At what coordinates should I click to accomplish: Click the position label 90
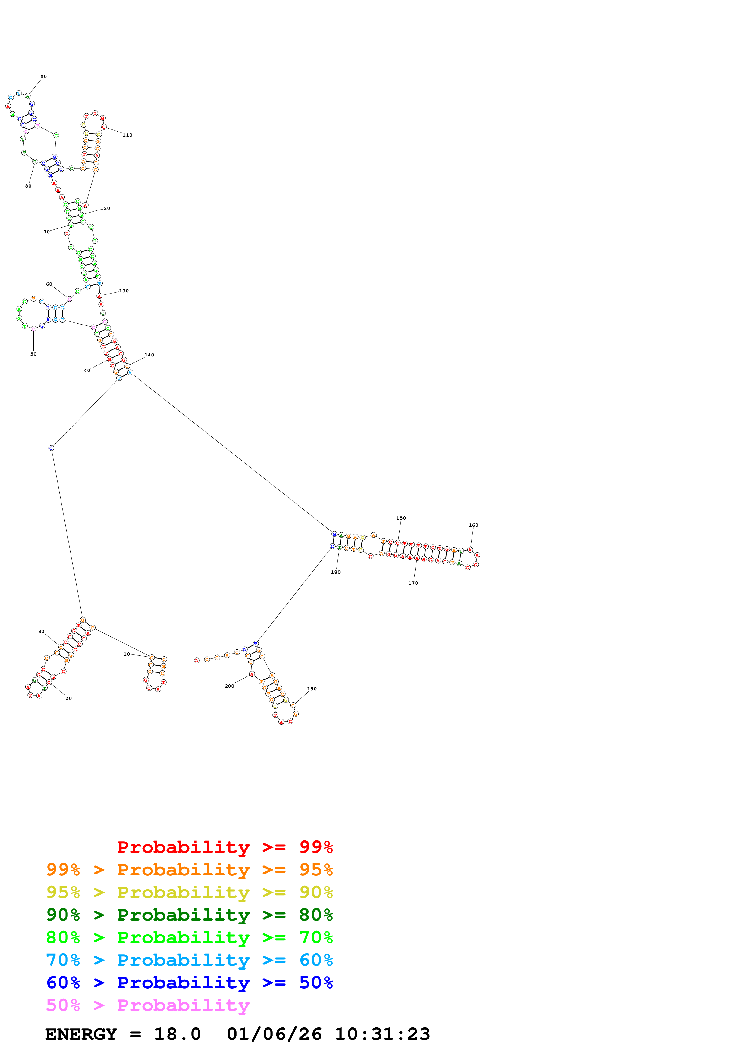44,76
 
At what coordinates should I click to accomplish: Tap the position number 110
127,135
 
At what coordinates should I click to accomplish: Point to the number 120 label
105,208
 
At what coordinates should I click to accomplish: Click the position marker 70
46,232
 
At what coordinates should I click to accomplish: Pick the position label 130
124,291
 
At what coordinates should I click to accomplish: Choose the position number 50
33,354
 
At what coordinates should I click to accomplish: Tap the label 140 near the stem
149,355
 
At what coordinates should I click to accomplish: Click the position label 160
474,525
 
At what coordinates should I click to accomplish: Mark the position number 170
413,583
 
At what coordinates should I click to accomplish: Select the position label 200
229,686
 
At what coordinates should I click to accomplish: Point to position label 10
127,654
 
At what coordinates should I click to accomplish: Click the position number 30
41,632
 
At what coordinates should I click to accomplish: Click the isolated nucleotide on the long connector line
51,448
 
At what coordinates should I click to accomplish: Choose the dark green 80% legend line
189,915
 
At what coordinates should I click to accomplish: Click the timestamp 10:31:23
382,1034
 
